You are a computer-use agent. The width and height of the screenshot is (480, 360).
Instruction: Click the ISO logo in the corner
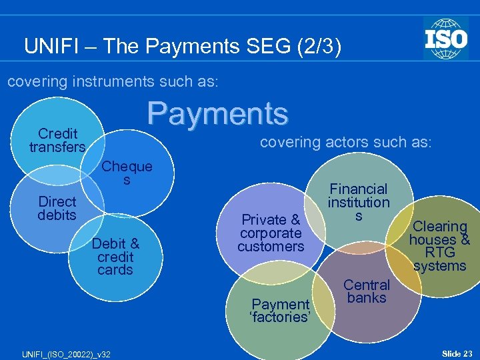click(445, 38)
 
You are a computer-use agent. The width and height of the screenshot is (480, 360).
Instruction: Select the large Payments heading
click(218, 113)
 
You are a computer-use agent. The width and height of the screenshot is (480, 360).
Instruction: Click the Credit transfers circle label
click(57, 141)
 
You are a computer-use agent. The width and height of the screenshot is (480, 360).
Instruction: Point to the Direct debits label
click(57, 208)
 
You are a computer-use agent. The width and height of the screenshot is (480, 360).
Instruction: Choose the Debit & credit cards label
click(115, 257)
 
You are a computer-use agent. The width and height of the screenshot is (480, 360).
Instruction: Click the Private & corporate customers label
click(271, 233)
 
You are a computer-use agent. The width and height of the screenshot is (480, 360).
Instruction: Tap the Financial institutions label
click(359, 203)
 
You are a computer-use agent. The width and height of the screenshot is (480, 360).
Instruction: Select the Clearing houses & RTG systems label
click(439, 246)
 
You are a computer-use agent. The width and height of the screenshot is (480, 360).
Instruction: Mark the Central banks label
click(367, 291)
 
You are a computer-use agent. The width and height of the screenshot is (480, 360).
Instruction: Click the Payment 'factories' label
click(280, 311)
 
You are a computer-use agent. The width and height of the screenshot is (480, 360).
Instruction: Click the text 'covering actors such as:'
click(345, 142)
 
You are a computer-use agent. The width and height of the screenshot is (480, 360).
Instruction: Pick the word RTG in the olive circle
click(440, 253)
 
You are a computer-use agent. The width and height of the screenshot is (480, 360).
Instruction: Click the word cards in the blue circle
click(115, 270)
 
